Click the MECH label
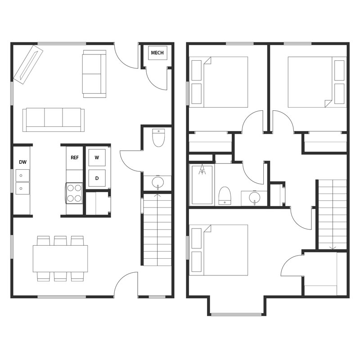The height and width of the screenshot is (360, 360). [157, 53]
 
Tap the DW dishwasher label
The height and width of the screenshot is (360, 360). [22, 162]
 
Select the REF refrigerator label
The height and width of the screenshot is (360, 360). [75, 158]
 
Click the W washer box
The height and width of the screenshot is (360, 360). [97, 158]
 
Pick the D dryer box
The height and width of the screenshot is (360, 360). [97, 178]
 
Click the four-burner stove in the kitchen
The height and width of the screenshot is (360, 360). [74, 193]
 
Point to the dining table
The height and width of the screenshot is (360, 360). [60, 258]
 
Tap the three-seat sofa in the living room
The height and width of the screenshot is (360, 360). [54, 119]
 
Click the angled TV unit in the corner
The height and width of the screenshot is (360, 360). [28, 64]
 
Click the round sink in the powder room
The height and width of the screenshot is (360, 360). [157, 182]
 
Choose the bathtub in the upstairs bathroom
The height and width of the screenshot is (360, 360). [202, 184]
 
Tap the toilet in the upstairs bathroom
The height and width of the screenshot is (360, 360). [225, 196]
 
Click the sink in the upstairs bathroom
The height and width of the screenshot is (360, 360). [254, 198]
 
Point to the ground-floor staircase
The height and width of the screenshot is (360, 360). [157, 229]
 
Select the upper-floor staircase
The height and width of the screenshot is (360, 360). [333, 214]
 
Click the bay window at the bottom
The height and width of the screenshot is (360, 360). [236, 314]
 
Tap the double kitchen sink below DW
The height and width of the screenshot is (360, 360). [22, 182]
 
